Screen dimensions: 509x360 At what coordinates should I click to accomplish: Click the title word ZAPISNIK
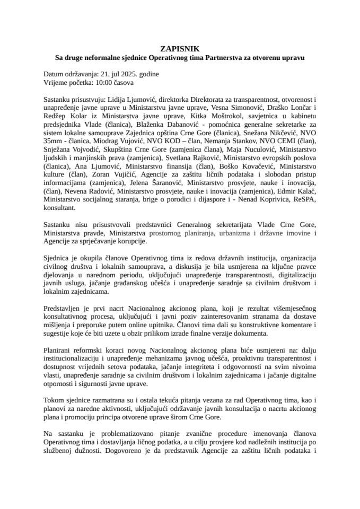(180, 48)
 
